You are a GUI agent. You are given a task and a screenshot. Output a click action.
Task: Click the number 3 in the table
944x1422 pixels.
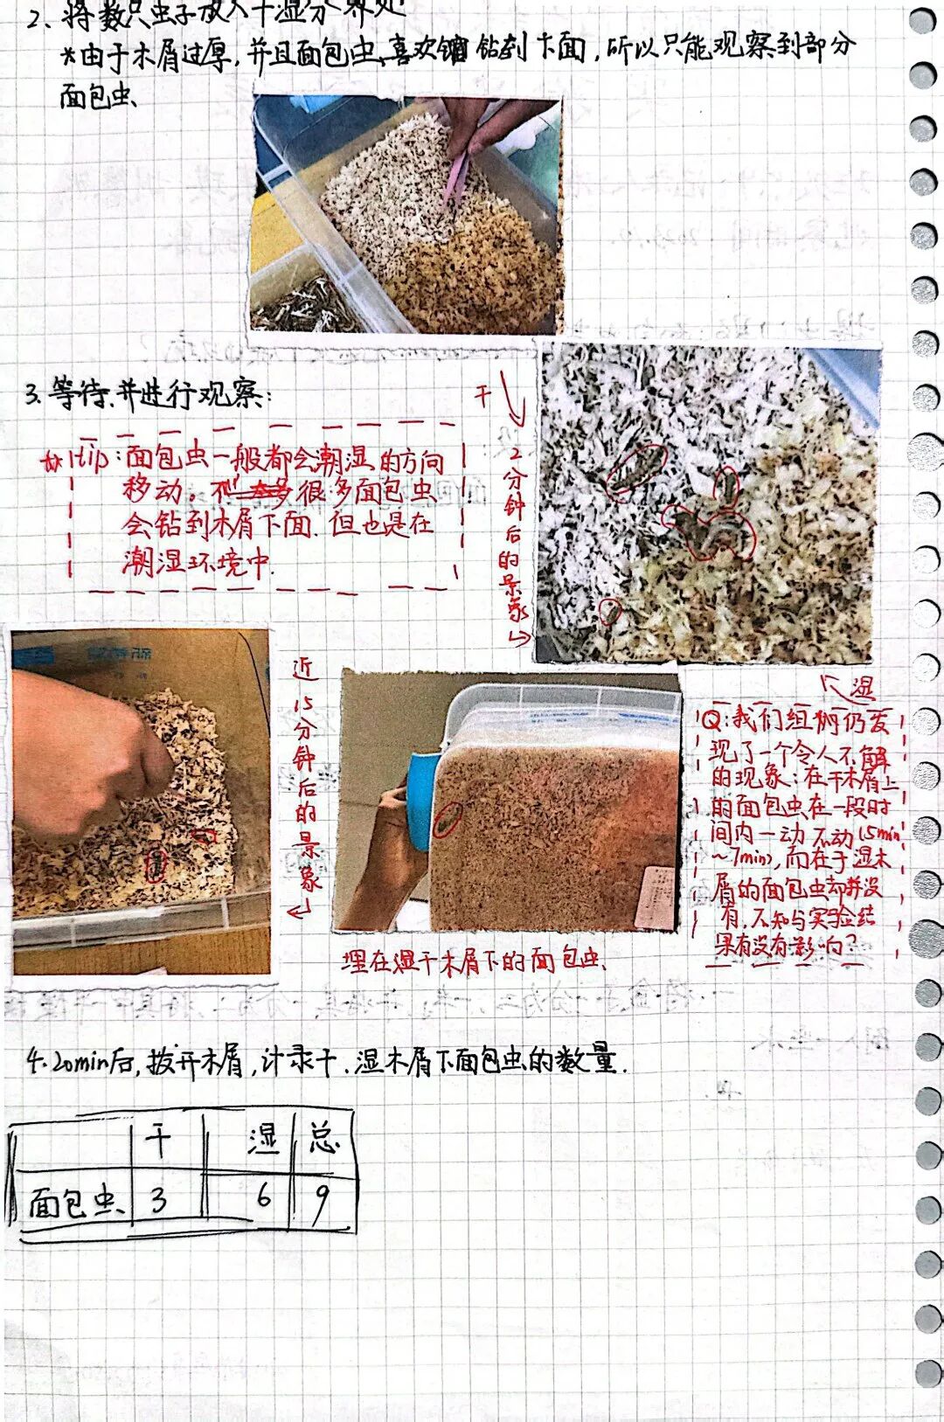158,1199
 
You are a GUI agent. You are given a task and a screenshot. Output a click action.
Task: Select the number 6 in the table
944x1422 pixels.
264,1194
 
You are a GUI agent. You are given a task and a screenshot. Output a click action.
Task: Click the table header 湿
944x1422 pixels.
263,1139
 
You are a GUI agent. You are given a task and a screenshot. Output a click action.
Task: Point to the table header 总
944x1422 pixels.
323,1138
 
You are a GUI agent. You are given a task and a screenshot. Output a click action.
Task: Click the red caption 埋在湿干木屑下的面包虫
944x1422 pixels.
473,962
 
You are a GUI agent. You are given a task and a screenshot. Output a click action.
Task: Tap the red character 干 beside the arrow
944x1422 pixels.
483,395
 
